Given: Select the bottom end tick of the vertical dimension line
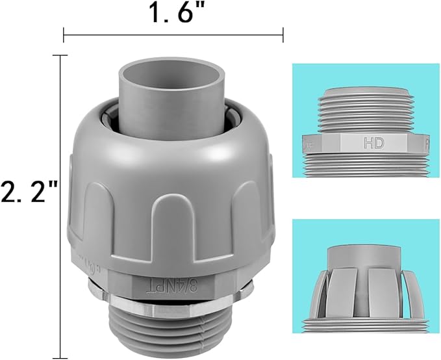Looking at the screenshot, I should [60, 357].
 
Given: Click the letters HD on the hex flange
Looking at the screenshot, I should [373, 141].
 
